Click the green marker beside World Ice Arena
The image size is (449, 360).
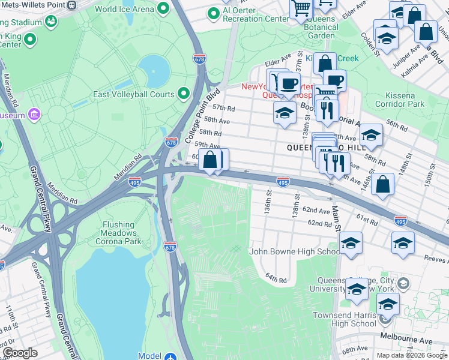162,9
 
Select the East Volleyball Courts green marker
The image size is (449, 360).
184,94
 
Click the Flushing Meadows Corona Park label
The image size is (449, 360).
118,233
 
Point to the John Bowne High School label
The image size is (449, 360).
295,252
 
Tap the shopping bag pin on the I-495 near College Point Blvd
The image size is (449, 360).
210,161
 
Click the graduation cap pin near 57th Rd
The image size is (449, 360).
285,112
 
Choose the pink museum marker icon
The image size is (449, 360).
34,115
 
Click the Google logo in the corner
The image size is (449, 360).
20,353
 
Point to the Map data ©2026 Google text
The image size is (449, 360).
411,355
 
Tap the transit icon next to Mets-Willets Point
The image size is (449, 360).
72,4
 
